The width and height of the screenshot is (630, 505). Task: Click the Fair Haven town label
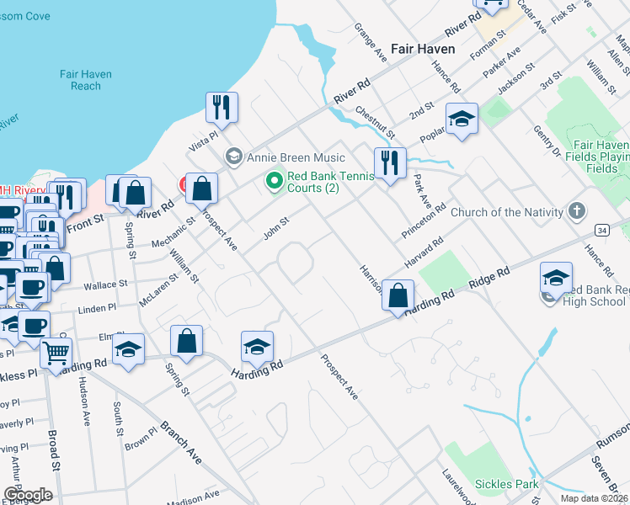(423, 49)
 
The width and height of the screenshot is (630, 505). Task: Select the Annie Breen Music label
(294, 157)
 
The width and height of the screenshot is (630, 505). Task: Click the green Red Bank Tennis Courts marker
(273, 180)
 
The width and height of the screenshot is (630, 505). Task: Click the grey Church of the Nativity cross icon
(577, 210)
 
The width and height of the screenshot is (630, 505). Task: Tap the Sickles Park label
(506, 484)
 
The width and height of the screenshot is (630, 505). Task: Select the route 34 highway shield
(601, 229)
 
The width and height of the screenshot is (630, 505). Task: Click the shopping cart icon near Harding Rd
(56, 353)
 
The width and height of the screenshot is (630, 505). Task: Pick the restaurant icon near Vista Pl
(222, 107)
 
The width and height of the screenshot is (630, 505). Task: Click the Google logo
(28, 495)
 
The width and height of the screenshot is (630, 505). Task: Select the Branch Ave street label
(182, 443)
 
